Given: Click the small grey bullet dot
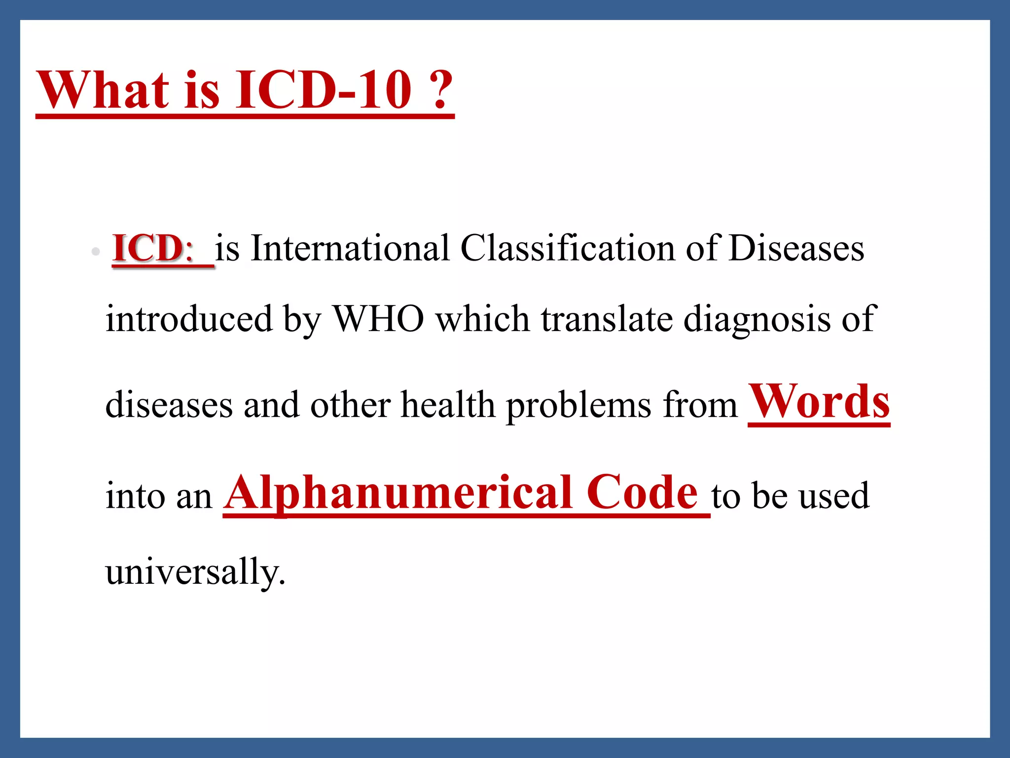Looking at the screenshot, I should click(x=96, y=252).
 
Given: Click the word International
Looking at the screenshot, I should click(x=350, y=248).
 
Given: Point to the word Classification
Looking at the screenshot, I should click(x=567, y=248).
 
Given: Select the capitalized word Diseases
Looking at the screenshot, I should click(x=796, y=248).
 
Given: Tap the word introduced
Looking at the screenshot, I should click(x=189, y=319).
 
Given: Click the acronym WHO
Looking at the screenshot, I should click(x=379, y=319).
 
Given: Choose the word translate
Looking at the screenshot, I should click(x=607, y=319).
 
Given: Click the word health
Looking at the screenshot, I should click(x=448, y=405).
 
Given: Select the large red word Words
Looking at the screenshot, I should click(x=819, y=402).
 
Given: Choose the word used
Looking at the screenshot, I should click(x=834, y=495).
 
